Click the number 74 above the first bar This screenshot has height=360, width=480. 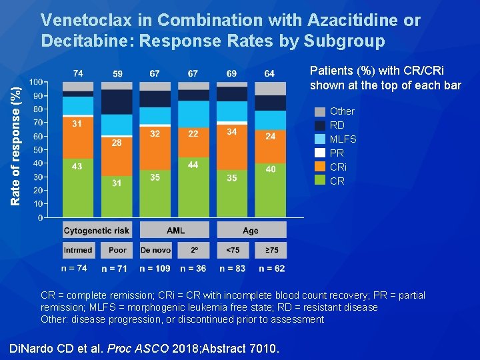[78, 73]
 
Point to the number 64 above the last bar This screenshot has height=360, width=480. [269, 73]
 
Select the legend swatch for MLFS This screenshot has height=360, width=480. [320, 139]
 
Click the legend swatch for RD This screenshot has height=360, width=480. [320, 125]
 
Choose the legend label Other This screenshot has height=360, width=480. [343, 111]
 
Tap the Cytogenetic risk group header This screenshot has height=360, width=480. [97, 231]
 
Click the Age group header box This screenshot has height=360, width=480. [251, 231]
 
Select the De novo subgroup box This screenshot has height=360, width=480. [155, 250]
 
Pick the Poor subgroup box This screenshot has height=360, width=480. [117, 250]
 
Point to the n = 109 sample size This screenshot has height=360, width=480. [155, 269]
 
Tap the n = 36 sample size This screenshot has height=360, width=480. [193, 269]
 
